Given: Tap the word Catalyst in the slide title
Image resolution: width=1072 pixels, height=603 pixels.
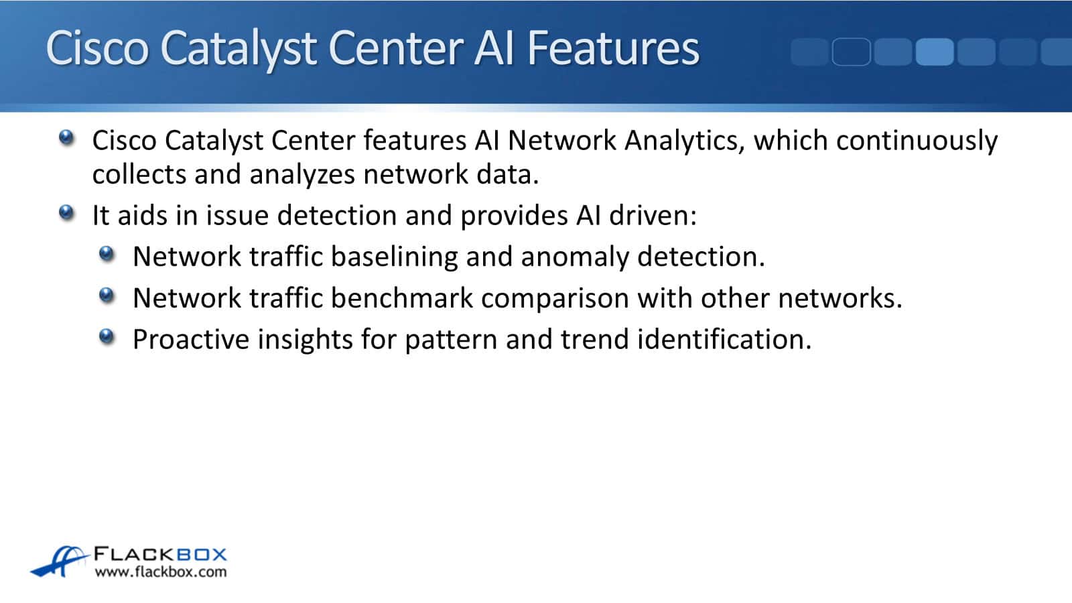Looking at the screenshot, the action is point(239,50).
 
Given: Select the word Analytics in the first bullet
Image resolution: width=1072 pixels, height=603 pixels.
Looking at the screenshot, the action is point(685,141).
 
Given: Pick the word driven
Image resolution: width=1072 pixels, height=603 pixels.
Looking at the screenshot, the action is point(653,215).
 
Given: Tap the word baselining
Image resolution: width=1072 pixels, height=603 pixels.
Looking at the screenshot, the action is point(395,257).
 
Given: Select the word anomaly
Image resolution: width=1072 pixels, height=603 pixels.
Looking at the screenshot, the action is point(575,258).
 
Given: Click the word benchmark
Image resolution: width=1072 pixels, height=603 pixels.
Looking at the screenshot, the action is point(402,298).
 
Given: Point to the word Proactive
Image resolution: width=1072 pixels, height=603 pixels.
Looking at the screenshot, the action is point(191,339).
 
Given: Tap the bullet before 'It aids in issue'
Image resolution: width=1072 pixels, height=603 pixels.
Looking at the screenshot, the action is point(66,212).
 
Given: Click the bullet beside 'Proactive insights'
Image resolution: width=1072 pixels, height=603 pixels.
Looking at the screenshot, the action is point(107,336).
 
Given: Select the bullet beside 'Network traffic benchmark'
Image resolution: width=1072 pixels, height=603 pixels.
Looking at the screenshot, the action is point(107,295).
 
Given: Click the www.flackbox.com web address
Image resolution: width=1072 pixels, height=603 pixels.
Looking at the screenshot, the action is point(161,572).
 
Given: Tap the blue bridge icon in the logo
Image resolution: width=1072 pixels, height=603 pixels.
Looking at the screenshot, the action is point(60,561).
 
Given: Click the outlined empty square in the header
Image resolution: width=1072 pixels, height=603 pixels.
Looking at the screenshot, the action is point(852,52).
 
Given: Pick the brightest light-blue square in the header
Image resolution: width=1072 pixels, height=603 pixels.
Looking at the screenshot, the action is point(935,52).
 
